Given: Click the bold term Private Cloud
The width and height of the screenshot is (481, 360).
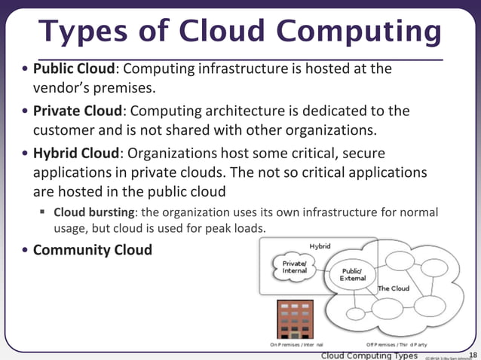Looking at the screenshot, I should tap(78, 111).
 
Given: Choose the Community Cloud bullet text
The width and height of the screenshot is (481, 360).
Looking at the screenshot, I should tap(93, 249).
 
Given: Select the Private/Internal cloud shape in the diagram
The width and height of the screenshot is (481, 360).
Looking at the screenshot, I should tap(294, 267).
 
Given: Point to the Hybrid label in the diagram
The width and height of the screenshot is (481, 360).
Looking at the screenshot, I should tap(320, 246).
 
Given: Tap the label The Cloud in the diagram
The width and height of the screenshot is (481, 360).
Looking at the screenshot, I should tap(393, 288).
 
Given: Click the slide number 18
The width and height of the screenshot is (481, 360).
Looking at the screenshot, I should tap(473, 355).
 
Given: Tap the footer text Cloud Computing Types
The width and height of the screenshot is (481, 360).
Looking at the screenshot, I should tap(369, 355).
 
